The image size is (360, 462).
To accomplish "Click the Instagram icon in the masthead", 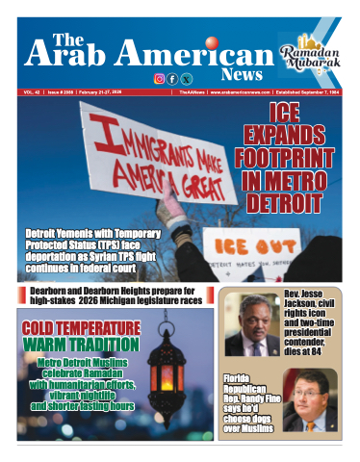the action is (159, 78).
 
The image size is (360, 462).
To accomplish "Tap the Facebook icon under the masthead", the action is (172, 78).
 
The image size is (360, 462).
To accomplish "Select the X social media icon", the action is (186, 78).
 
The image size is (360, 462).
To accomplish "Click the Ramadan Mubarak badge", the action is (311, 53).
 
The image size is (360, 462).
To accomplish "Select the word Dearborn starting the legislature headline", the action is (47, 291).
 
